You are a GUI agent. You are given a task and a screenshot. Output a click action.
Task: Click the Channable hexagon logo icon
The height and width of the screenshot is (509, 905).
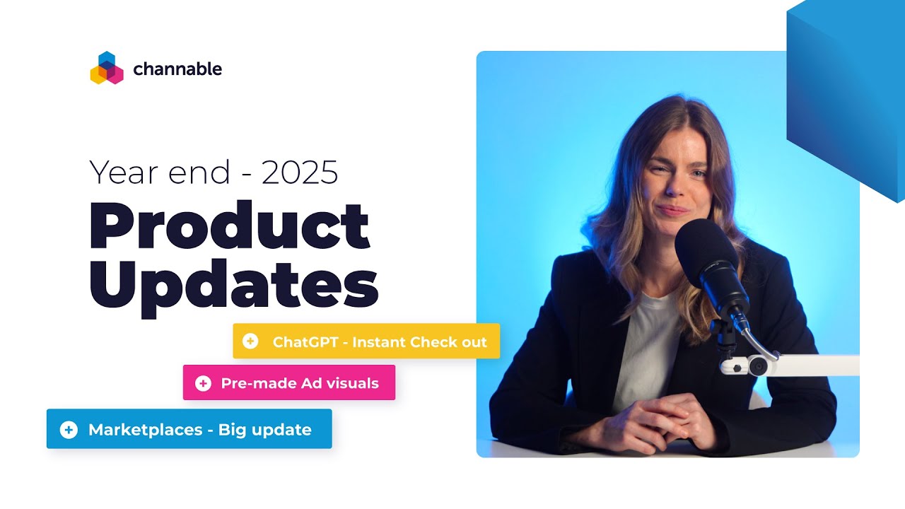point(107,69)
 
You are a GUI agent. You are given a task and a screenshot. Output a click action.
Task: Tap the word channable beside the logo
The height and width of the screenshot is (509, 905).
point(177,69)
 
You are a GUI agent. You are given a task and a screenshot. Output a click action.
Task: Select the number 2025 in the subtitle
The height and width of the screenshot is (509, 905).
point(300,172)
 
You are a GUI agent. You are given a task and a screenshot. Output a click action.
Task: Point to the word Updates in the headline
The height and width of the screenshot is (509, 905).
point(233,286)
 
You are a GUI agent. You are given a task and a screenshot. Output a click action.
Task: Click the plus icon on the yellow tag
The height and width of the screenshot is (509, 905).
point(250,341)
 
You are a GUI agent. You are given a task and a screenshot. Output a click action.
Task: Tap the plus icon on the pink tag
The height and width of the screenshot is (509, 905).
point(203,383)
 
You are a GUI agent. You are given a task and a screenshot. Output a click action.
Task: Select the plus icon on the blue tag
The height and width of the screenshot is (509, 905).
point(69,429)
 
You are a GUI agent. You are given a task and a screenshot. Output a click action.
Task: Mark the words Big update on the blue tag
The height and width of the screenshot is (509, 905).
point(264,429)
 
